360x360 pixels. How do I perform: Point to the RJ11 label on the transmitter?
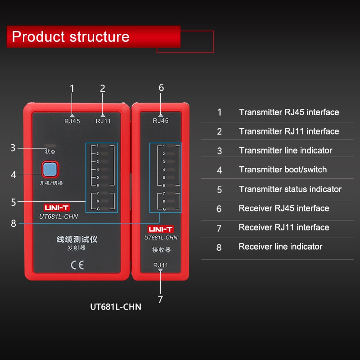pos(103,121)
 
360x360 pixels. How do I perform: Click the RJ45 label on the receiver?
pos(161,121)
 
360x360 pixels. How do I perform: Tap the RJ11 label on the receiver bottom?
pos(161,265)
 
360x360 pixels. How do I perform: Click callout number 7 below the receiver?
pos(161,299)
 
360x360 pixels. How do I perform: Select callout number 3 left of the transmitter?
pos(13,148)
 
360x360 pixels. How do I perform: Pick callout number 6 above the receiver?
pos(161,88)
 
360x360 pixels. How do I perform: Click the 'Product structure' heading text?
pos(71,36)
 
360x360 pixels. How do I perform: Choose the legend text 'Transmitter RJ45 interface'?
pos(289,112)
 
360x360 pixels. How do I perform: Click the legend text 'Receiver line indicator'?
pos(280,246)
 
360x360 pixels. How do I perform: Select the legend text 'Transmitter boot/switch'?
pos(283,170)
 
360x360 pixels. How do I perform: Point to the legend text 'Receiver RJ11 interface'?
pos(283,227)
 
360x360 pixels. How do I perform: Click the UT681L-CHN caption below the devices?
pos(116,307)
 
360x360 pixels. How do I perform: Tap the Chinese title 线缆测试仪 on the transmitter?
pos(77,239)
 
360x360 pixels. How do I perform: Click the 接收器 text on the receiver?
pos(161,250)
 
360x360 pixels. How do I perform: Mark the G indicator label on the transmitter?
pos(97,209)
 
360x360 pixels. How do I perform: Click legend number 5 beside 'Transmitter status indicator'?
pos(220,189)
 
